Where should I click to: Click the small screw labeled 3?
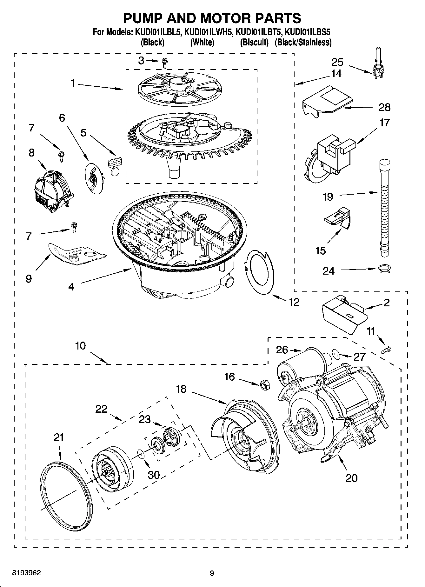pyautogui.click(x=164, y=63)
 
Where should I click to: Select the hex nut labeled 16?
pyautogui.click(x=264, y=385)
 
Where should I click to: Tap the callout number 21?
pyautogui.click(x=59, y=438)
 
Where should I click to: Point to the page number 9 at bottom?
pyautogui.click(x=212, y=573)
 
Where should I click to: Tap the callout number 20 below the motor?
pyautogui.click(x=351, y=478)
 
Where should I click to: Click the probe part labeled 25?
pyautogui.click(x=378, y=67)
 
